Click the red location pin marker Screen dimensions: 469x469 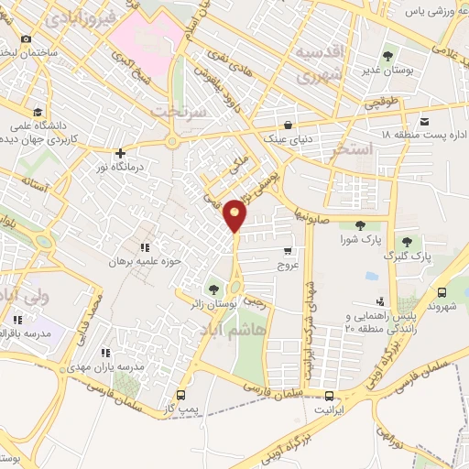pyautogui.click(x=235, y=214)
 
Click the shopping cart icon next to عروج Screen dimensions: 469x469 pyautogui.click(x=289, y=251)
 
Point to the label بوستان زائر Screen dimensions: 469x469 pyautogui.click(x=216, y=300)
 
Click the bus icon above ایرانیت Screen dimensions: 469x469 pyautogui.click(x=330, y=396)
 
